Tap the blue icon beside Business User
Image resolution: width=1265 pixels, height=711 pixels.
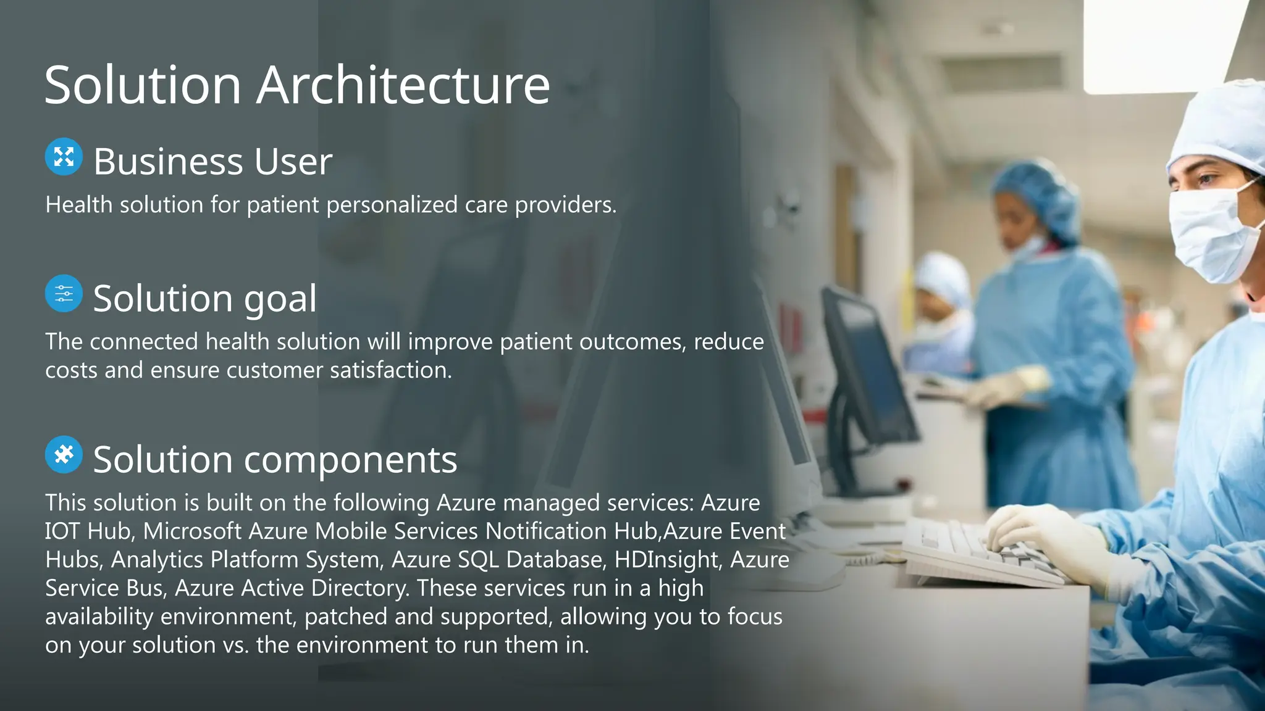64,157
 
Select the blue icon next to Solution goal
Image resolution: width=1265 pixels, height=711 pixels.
64,294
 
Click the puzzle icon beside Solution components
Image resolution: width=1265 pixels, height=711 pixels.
64,455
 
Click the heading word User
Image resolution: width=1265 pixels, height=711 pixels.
293,162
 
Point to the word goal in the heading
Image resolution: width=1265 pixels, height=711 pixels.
280,300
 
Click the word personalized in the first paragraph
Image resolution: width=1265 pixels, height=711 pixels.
392,205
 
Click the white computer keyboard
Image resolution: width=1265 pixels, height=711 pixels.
982,555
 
